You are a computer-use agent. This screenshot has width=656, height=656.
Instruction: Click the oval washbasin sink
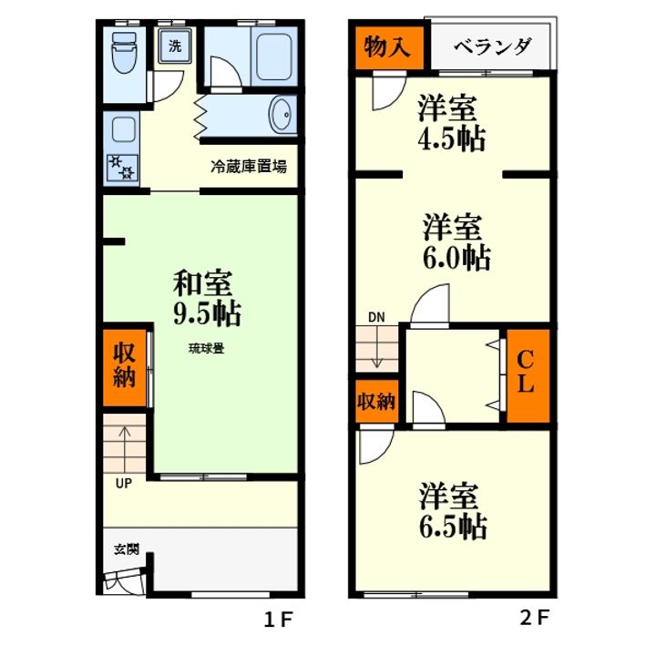coord(282,116)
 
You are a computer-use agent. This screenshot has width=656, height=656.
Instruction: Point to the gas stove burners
coord(121,168)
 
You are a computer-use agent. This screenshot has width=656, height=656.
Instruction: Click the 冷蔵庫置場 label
coord(249,167)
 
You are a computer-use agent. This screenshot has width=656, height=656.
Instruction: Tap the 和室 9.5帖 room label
coord(207,298)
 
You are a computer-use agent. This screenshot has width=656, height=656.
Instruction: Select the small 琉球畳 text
coord(207,348)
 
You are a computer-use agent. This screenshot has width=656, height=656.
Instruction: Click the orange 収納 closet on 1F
coord(124,365)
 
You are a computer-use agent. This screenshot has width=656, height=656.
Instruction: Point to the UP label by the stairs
coord(123,484)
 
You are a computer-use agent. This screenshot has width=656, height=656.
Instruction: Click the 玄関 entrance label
coord(126,549)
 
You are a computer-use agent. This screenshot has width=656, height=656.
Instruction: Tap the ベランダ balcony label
coord(492,47)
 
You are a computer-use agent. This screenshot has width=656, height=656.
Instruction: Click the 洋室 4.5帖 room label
coord(450,124)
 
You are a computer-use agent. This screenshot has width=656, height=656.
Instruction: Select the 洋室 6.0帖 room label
coord(456,241)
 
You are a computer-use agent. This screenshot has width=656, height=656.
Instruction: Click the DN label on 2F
coord(376,317)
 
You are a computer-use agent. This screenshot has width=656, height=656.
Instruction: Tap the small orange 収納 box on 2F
coord(374,402)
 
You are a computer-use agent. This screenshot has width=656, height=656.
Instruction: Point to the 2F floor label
coord(535,620)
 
